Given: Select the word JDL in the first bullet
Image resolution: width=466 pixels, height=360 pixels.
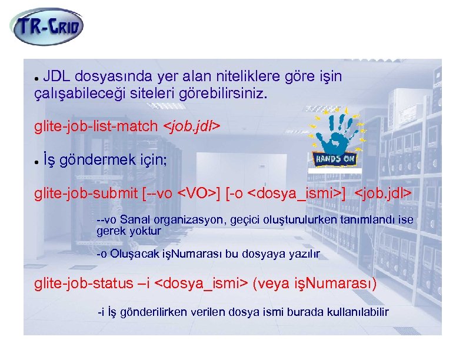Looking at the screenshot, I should coord(56,77).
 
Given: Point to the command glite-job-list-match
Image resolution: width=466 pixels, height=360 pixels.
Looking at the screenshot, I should coord(96,126).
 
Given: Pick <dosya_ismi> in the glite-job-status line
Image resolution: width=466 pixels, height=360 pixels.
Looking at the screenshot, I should coord(200,284).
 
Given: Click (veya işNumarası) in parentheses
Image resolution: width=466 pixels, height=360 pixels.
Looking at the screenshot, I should coord(314,284).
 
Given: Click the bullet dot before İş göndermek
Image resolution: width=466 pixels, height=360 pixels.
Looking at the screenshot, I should coord(36,161).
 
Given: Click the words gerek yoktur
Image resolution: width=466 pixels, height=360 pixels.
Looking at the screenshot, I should coord(128,231).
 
